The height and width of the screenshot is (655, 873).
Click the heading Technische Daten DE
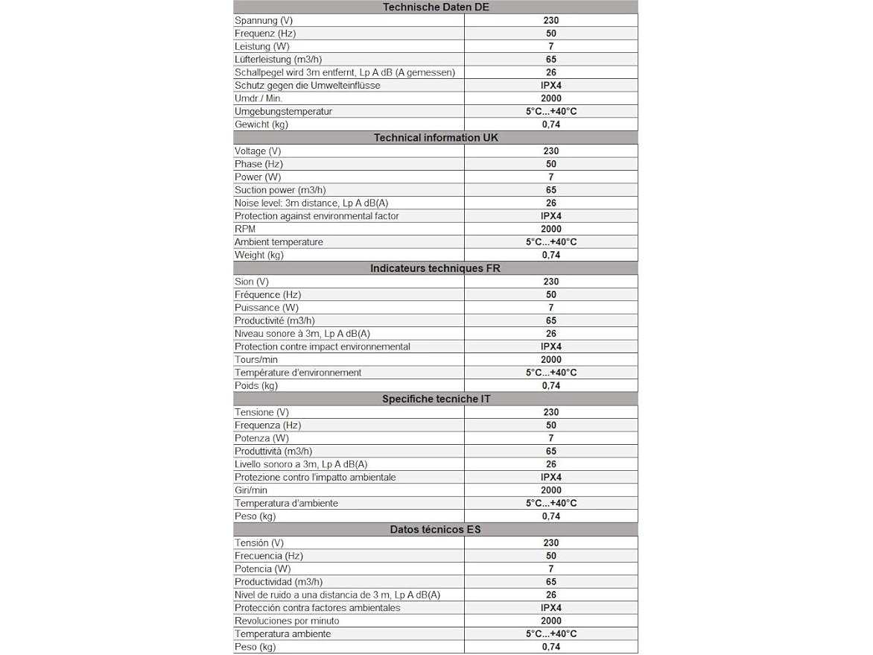(436, 7)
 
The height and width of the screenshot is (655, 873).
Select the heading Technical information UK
(436, 138)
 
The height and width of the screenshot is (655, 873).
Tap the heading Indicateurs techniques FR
(436, 268)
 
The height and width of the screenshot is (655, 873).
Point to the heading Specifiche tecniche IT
(436, 399)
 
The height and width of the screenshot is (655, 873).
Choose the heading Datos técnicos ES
(436, 530)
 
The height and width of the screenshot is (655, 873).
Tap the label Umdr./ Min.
(258, 98)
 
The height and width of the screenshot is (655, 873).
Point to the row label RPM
(245, 229)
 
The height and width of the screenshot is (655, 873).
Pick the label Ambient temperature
(279, 242)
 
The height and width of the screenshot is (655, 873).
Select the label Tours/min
(256, 360)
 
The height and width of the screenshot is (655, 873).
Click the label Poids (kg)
(256, 386)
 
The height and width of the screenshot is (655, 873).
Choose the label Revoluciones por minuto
(287, 621)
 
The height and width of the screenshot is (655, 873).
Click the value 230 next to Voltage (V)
(551, 151)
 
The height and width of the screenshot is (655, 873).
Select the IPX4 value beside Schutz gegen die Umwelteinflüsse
(551, 86)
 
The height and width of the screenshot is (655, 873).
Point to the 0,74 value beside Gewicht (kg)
(551, 124)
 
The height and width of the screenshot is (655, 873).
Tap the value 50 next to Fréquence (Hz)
(551, 294)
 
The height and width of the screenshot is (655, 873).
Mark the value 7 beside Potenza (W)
(551, 438)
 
